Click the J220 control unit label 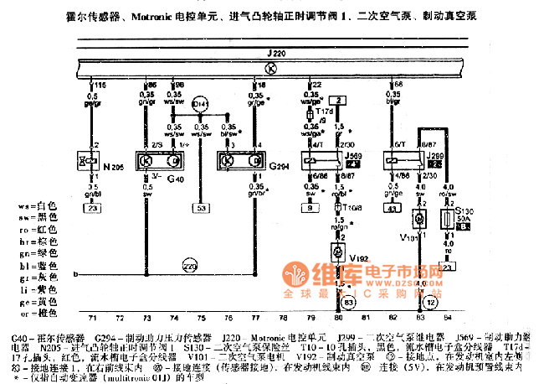coord(279,53)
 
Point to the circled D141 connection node coord(199,104)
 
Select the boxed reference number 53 coord(200,208)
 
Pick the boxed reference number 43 coord(391,208)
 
